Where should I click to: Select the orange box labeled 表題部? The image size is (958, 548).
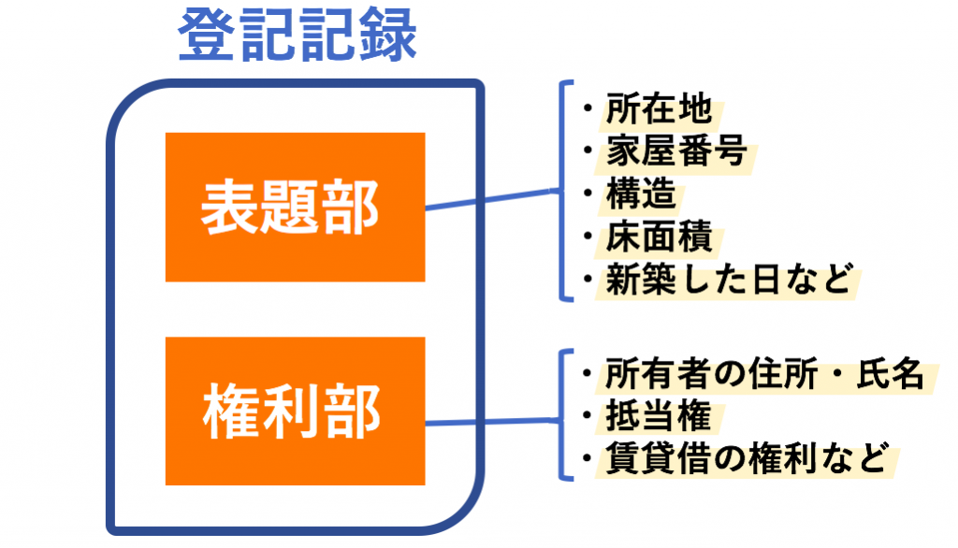click(x=295, y=207)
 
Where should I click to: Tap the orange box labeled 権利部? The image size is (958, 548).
click(x=295, y=411)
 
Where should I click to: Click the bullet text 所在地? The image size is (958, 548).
click(x=659, y=109)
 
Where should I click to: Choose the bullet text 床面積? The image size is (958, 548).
click(x=659, y=237)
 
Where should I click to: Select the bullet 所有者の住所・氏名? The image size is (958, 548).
click(x=763, y=374)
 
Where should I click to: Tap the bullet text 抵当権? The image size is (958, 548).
click(x=659, y=416)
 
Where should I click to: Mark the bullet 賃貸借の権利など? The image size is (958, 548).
click(x=744, y=458)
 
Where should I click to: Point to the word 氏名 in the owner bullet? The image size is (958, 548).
click(x=893, y=374)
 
